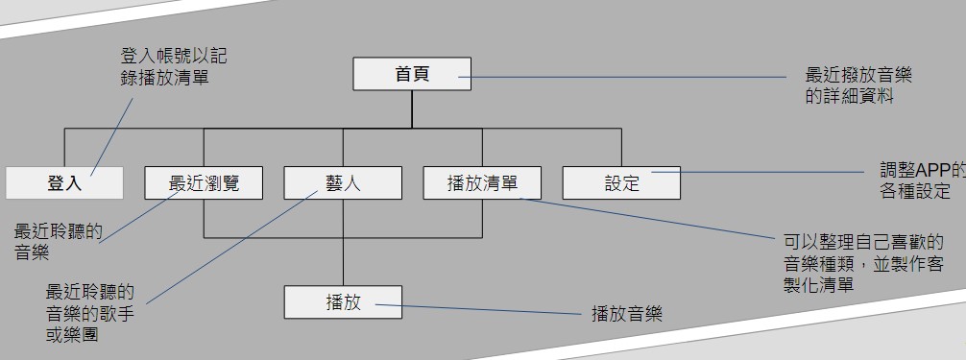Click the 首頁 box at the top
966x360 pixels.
click(x=412, y=75)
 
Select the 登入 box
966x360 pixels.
click(x=64, y=183)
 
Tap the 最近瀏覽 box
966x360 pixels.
click(x=204, y=183)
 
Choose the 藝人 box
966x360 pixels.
click(x=343, y=183)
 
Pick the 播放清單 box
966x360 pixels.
click(x=482, y=183)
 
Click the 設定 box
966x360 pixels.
click(x=621, y=183)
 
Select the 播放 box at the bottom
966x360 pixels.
click(x=343, y=302)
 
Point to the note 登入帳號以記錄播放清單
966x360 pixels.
click(x=173, y=66)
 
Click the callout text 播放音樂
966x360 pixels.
click(x=627, y=314)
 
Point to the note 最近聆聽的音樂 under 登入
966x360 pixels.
click(x=58, y=241)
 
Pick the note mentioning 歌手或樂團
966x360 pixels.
click(x=90, y=313)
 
